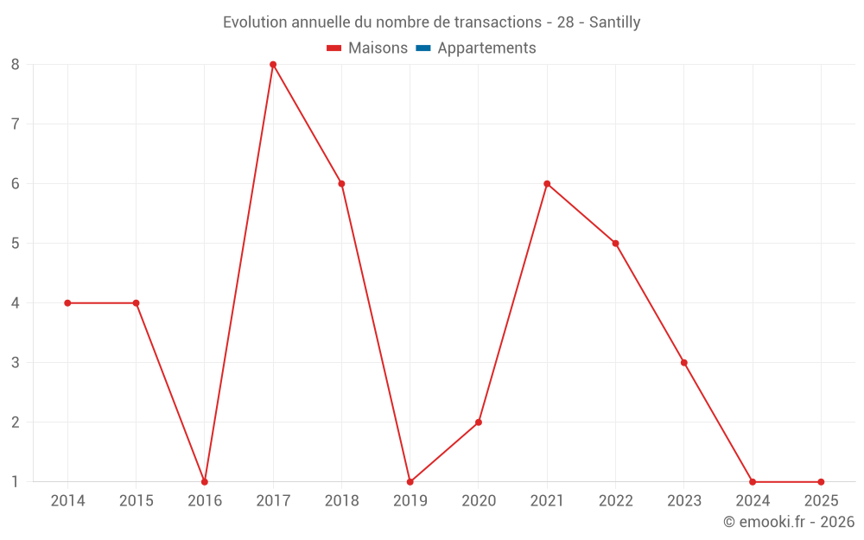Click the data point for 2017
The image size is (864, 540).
click(x=273, y=65)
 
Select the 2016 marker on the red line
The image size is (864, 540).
click(x=205, y=482)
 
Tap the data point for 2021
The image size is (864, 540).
click(x=547, y=184)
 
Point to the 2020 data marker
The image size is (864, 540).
click(x=479, y=422)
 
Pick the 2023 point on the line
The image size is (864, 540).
click(x=684, y=363)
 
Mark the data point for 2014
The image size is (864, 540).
click(x=67, y=303)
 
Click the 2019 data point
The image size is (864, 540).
click(x=410, y=482)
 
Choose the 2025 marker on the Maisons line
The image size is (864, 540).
click(x=821, y=482)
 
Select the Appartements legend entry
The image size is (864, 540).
click(x=486, y=48)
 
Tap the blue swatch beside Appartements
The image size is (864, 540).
click(x=423, y=48)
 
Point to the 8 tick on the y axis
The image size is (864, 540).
click(x=16, y=65)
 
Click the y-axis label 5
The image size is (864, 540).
click(x=16, y=244)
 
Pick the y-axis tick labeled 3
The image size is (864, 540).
click(x=16, y=363)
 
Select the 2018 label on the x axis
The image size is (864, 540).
click(x=341, y=501)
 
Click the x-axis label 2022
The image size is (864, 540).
click(x=615, y=501)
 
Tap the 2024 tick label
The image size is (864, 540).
click(x=753, y=501)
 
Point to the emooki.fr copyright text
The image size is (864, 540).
click(x=789, y=522)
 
